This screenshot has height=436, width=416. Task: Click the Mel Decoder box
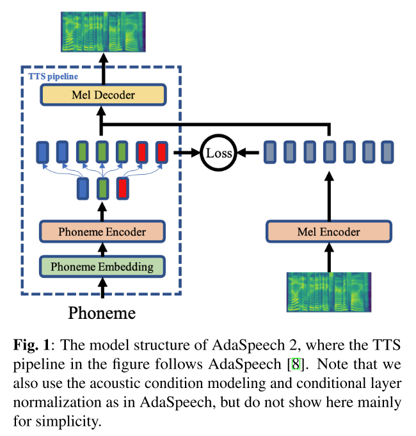tap(102, 95)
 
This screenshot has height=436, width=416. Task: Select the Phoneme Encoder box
tap(102, 231)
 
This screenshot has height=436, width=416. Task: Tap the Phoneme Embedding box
tap(102, 266)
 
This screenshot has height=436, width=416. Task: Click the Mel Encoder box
tap(329, 231)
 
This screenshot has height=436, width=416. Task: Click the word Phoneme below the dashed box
tap(102, 313)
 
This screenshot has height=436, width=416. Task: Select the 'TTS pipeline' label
tap(54, 76)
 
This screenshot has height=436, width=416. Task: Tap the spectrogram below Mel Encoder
tap(330, 291)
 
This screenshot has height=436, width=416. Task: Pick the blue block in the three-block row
tap(83, 189)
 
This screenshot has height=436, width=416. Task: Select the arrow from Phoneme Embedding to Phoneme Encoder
tap(102, 248)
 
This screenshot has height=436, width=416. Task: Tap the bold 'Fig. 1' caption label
tap(30, 346)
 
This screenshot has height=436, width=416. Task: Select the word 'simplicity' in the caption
tap(68, 423)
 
